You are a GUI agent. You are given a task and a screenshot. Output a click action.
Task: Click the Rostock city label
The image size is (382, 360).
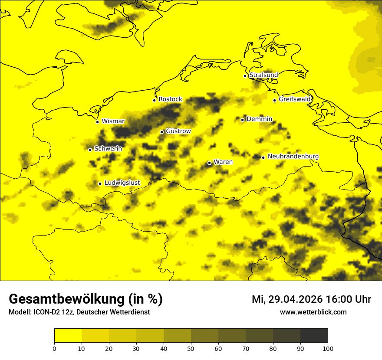click(x=170, y=99)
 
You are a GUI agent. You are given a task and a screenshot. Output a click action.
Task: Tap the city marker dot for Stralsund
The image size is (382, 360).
click(x=245, y=76)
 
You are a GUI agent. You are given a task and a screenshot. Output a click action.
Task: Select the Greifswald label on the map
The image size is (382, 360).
click(x=295, y=99)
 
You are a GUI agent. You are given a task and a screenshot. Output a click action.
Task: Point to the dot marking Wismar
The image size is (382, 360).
click(x=98, y=122)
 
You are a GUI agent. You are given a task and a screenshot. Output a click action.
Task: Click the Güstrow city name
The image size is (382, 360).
click(x=178, y=131)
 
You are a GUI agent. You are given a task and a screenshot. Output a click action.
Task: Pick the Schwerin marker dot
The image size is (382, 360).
click(x=90, y=150)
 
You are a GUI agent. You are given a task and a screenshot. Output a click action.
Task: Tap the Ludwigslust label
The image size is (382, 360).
click(x=122, y=183)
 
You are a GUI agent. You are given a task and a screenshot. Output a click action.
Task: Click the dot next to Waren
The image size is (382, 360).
click(x=209, y=163)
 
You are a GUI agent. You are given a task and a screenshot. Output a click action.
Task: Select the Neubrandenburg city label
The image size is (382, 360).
click(x=293, y=156)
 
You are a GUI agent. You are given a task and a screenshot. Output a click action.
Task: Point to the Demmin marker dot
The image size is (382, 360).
click(x=242, y=120)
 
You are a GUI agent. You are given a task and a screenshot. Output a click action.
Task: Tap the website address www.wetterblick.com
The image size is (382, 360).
click(x=313, y=312)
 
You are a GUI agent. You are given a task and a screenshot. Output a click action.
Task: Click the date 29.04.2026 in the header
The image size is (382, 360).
click(x=295, y=299)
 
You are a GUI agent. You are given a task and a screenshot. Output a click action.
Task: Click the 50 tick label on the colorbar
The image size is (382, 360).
click(x=191, y=348)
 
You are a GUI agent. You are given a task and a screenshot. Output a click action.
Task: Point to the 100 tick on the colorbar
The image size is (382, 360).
click(x=328, y=348)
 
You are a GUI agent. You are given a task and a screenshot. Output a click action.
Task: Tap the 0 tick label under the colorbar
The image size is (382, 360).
click(x=54, y=348)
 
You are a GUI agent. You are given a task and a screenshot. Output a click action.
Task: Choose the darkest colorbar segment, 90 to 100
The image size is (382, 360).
click(x=314, y=336)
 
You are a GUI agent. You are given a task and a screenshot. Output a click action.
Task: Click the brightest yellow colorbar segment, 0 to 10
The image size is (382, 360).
click(x=68, y=336)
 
